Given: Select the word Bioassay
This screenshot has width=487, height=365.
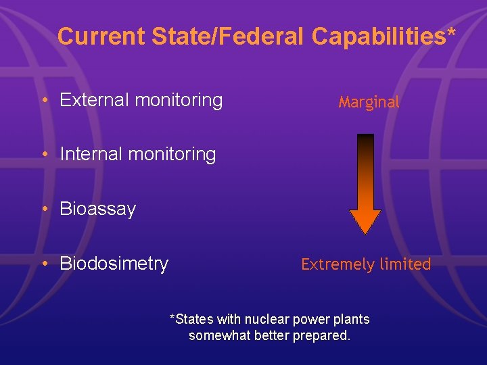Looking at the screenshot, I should tap(97, 209).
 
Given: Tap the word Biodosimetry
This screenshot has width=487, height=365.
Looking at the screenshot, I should tap(114, 264).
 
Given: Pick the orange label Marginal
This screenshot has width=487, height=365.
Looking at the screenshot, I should tap(369, 103).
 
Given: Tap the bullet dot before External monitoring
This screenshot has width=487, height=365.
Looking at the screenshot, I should tap(43, 101).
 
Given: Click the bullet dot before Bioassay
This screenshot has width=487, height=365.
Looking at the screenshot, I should tap(43, 210).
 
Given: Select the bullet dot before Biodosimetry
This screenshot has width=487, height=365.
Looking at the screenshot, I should tap(43, 264).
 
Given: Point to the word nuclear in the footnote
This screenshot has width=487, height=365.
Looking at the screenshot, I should tap(254, 319).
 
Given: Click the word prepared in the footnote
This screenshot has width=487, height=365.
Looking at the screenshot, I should tap(321, 336).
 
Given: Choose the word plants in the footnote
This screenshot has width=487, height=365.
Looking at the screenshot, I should tap(353, 319).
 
